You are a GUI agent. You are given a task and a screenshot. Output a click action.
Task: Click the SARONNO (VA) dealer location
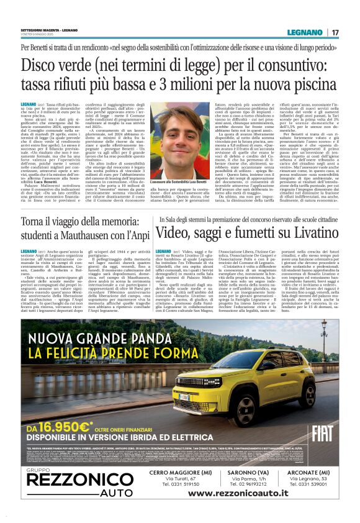(x=245, y=472)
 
